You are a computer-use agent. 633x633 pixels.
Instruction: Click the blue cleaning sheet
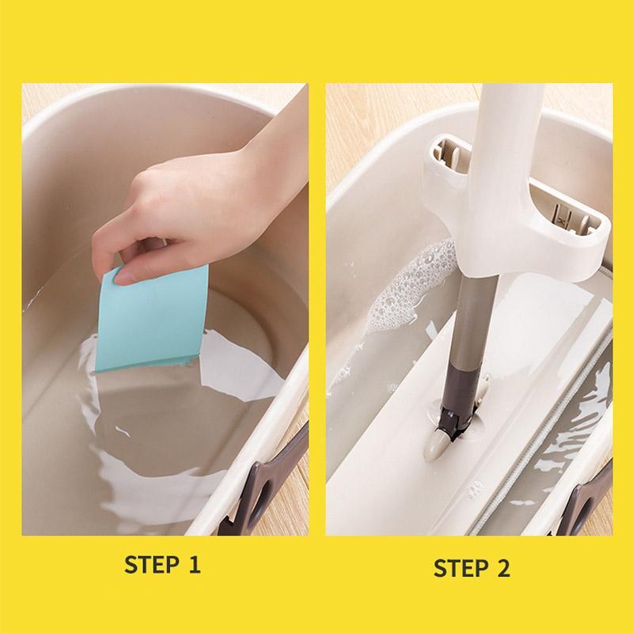click(x=154, y=316)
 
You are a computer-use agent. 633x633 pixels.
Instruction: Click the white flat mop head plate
click(x=396, y=443)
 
